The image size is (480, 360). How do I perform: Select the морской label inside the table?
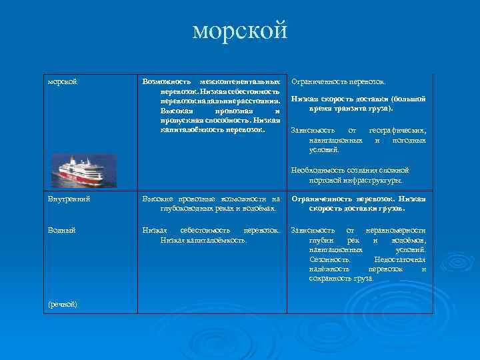click(x=63, y=81)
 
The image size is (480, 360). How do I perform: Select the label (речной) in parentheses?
click(x=63, y=304)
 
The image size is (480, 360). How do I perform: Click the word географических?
click(x=398, y=131)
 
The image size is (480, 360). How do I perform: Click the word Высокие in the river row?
click(x=157, y=199)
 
